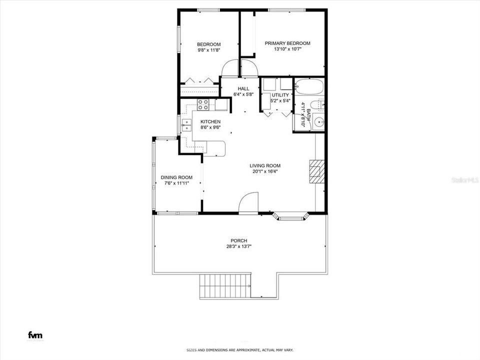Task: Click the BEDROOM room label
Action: [209, 44]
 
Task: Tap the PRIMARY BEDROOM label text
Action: [287, 43]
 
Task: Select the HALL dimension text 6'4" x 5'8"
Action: [243, 94]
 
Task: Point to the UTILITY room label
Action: [280, 95]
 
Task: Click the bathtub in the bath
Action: [309, 87]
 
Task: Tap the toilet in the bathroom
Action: [317, 104]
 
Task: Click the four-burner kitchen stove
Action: [203, 104]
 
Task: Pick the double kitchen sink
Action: [186, 125]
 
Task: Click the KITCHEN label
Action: [210, 122]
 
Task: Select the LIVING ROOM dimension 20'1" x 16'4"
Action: [265, 171]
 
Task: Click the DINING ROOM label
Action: [176, 177]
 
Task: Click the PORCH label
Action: [239, 241]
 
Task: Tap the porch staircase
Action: [225, 286]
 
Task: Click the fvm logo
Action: [35, 335]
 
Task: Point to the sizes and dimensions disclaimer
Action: [240, 350]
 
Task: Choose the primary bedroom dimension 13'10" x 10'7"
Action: [287, 49]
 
